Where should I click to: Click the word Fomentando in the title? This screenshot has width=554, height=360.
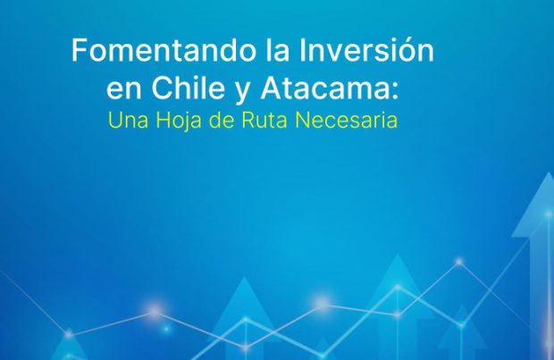click(x=164, y=50)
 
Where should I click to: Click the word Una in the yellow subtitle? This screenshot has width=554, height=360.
click(x=129, y=120)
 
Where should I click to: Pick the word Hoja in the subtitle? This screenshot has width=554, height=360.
click(x=179, y=121)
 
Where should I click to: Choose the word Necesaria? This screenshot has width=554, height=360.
click(x=347, y=120)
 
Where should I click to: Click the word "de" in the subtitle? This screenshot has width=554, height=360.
click(x=222, y=120)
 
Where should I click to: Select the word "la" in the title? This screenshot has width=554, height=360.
click(x=277, y=50)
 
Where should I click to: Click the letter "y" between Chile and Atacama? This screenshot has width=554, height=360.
click(x=242, y=93)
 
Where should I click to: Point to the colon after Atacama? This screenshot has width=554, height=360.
click(x=394, y=91)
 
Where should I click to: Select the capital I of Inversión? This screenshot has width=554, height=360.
click(x=301, y=50)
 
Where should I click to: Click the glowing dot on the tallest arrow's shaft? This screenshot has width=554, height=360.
click(x=549, y=214)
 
